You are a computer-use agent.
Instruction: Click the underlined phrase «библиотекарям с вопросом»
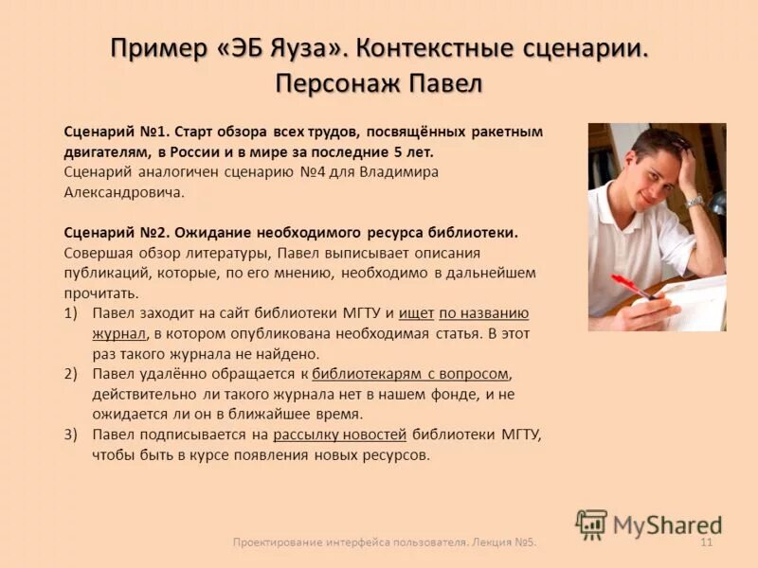coord(410,374)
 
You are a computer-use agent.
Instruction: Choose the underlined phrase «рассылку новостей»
coord(339,435)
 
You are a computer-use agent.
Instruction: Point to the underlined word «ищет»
coord(416,313)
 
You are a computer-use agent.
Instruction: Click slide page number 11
coord(706,541)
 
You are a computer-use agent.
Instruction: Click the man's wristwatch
coord(695,202)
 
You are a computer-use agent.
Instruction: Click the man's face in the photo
coord(657,167)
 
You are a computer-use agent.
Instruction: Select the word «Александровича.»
coord(123,192)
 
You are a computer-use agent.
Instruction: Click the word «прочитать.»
coord(101,293)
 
